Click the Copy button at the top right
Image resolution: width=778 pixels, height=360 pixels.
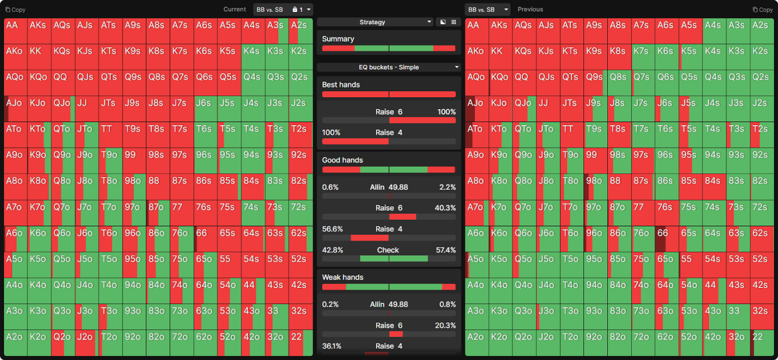point(762,10)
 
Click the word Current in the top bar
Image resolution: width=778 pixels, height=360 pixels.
point(234,9)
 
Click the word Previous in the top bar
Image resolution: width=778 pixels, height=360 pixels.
point(530,9)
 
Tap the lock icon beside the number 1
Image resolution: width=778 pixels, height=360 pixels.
point(295,9)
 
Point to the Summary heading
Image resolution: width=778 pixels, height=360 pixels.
point(338,39)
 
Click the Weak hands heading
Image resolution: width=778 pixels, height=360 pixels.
point(342,277)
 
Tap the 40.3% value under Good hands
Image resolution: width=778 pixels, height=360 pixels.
point(445,208)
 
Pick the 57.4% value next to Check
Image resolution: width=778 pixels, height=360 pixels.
point(445,250)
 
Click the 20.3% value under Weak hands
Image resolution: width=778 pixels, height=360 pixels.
point(445,325)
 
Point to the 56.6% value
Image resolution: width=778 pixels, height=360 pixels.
point(333,229)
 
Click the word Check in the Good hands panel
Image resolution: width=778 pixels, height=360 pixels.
point(388,250)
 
